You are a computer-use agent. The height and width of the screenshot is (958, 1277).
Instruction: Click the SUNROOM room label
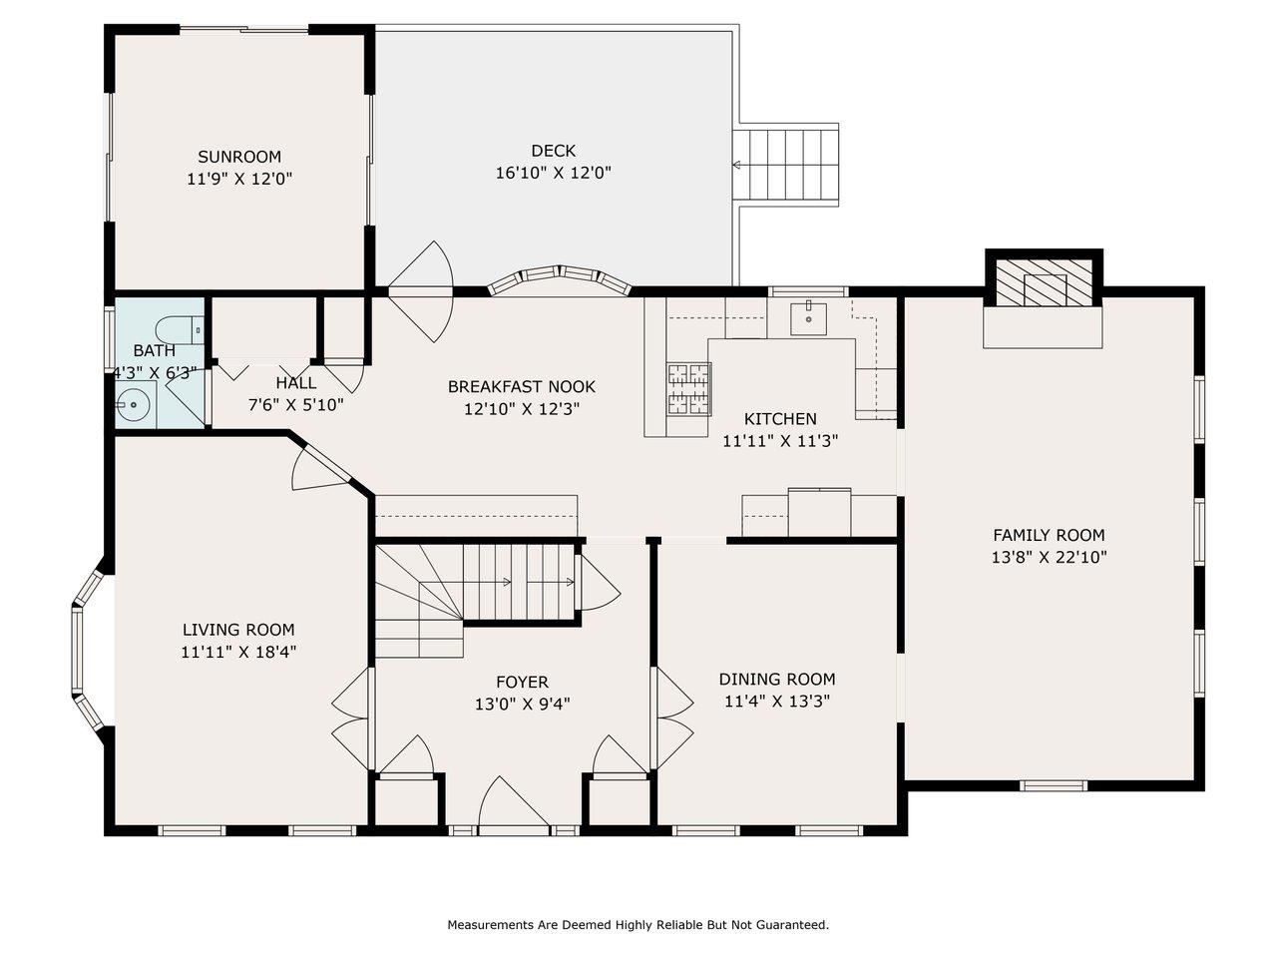coord(239,157)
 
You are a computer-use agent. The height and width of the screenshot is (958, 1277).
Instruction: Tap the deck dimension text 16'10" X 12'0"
coord(554,173)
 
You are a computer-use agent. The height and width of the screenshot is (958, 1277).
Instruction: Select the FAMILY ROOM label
coord(1049,535)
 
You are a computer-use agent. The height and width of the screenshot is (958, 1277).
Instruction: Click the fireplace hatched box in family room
coord(1044,282)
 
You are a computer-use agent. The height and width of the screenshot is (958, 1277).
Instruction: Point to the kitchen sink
coord(808,318)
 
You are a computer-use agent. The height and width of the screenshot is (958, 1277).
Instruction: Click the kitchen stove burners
coord(689,390)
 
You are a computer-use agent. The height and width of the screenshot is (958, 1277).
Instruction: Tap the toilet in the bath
coord(181,329)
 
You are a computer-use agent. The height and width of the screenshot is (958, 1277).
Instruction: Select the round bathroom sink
coord(132,403)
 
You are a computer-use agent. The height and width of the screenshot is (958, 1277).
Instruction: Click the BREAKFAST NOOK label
coord(521,387)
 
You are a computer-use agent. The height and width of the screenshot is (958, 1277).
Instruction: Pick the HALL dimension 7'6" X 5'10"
coord(296,405)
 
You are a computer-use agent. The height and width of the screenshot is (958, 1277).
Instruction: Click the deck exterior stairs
coord(785,165)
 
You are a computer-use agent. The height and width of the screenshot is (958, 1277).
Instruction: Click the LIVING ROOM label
coord(238,630)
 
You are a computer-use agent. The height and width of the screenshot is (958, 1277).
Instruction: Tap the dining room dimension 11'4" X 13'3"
coord(776,702)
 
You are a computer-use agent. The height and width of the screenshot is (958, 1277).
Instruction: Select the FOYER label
coord(522,682)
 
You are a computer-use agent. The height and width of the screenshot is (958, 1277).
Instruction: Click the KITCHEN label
coord(780,419)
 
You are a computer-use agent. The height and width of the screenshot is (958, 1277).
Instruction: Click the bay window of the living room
coord(87,649)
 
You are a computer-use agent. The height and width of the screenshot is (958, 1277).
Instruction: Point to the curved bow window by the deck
coord(559,279)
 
